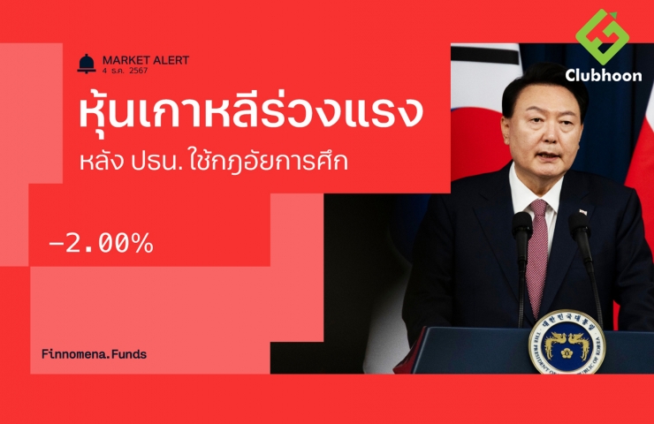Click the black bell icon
(87, 64)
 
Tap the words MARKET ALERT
(146, 60)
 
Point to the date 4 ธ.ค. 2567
(125, 71)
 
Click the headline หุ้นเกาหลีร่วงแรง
(251, 111)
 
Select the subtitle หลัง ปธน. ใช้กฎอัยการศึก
(214, 161)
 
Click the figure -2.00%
(102, 243)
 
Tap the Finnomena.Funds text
(95, 354)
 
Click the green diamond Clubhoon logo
(602, 37)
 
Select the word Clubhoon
(604, 75)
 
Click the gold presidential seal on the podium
(567, 343)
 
